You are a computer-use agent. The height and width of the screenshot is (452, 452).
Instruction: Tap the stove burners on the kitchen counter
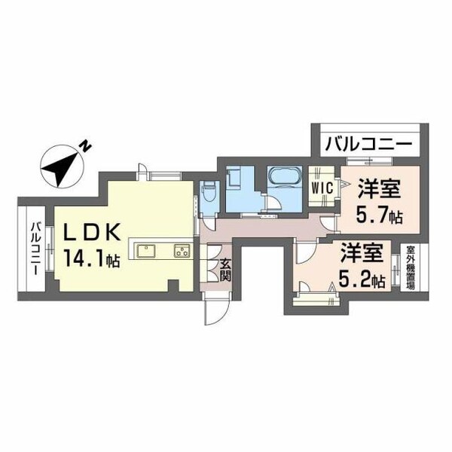click(182, 250)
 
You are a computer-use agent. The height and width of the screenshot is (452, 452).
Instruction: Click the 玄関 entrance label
click(224, 270)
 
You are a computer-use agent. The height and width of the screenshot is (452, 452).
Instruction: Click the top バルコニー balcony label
click(367, 143)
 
